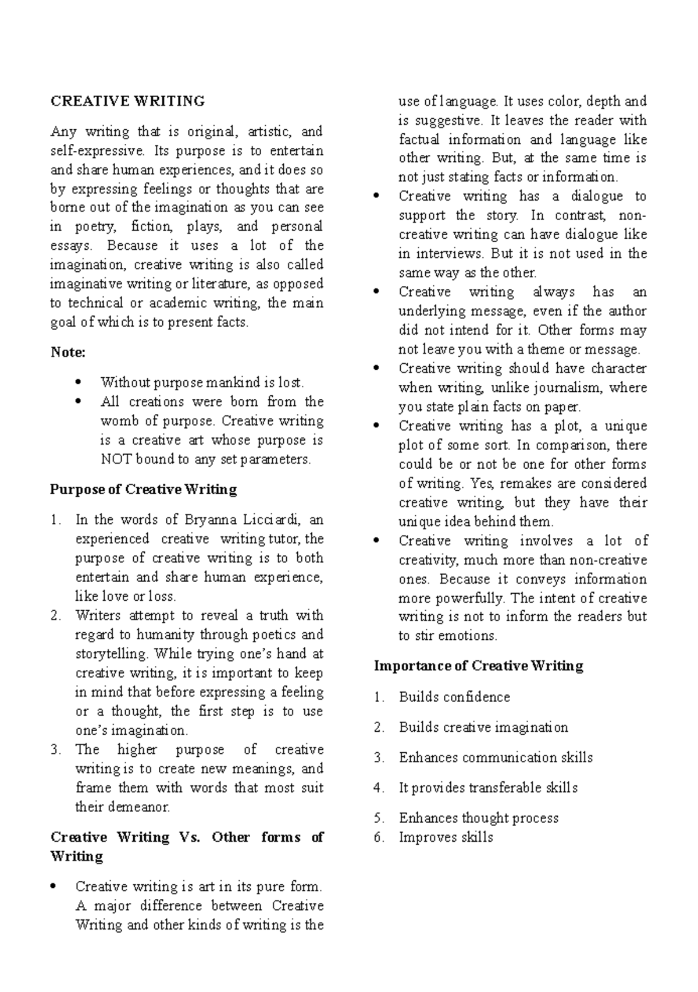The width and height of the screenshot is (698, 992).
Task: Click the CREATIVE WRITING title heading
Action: tap(127, 101)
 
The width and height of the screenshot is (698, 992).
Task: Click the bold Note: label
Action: tap(68, 352)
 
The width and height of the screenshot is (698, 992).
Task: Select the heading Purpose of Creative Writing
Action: tap(143, 490)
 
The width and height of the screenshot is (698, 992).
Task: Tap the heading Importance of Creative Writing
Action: tap(478, 666)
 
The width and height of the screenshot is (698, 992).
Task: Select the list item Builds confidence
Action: tap(454, 697)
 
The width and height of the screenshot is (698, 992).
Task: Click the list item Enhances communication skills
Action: tap(496, 758)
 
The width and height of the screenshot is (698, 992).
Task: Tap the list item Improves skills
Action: tap(446, 838)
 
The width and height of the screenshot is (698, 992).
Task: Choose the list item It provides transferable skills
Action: tap(488, 788)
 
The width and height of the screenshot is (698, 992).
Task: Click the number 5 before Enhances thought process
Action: tap(379, 819)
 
